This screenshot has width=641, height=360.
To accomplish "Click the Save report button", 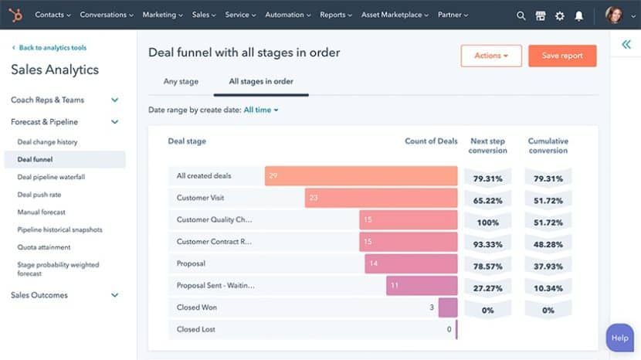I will (561, 56).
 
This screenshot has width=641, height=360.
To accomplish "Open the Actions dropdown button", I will (491, 56).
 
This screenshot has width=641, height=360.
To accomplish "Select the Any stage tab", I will (181, 81).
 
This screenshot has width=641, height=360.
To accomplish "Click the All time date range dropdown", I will (260, 110).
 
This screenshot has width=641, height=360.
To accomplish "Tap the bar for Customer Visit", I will (381, 198).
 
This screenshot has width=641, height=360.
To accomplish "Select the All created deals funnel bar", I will (361, 176).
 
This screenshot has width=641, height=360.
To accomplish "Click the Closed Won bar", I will (448, 307).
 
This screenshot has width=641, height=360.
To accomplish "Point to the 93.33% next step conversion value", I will (487, 244).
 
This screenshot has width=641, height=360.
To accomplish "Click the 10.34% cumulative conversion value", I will (548, 287).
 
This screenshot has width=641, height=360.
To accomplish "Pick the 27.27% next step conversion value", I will (487, 287).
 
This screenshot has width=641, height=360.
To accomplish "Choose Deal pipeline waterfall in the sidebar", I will (51, 177).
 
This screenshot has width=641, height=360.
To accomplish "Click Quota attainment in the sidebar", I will (44, 247).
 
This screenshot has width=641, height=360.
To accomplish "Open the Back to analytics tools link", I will (53, 48).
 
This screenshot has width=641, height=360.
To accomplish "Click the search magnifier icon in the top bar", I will (521, 15).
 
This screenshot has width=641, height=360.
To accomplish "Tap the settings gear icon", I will (560, 15).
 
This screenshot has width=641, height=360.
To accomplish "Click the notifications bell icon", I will (578, 15).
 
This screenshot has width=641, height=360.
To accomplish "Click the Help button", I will (619, 338).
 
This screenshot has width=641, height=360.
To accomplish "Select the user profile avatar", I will (613, 15).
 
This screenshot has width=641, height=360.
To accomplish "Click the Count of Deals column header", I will (431, 141).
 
